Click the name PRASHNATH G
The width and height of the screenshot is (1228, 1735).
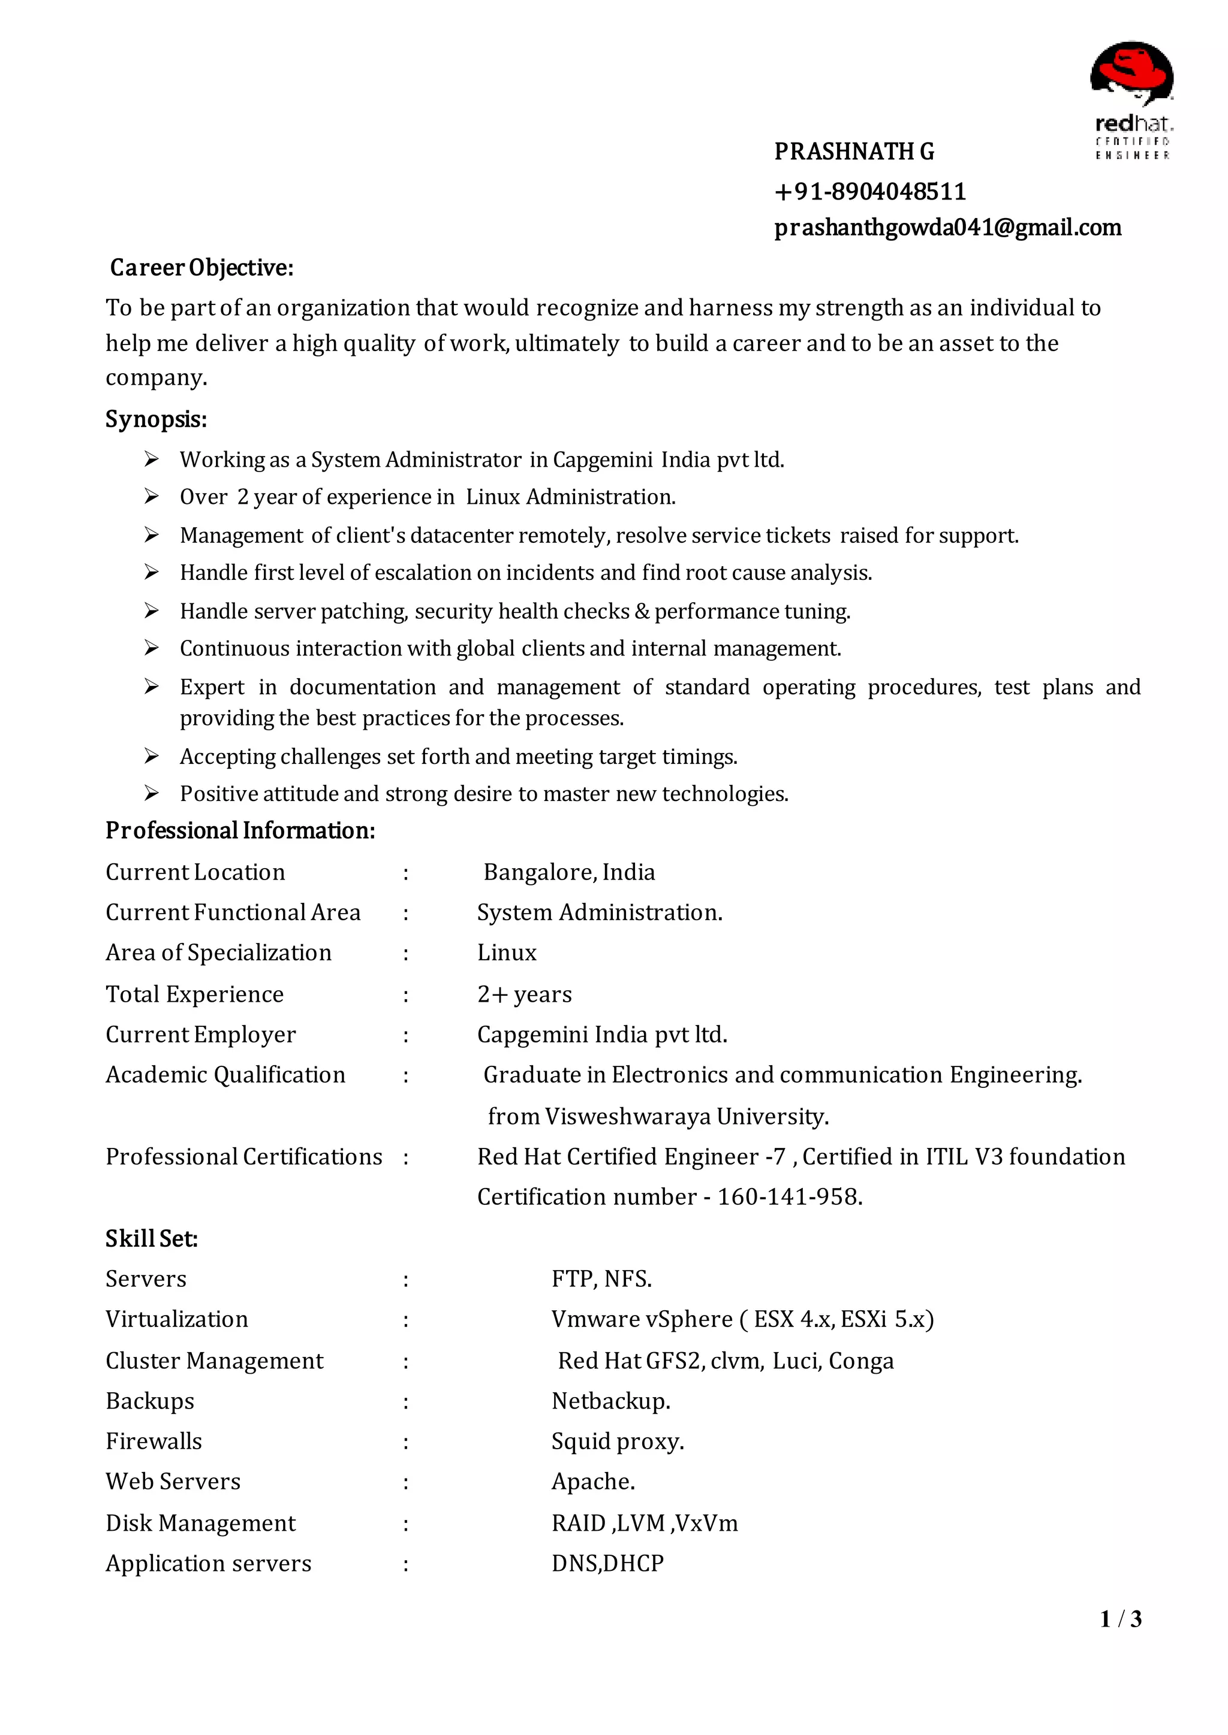(854, 152)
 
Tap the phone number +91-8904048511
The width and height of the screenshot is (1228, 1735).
(869, 192)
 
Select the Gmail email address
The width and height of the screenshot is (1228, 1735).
(947, 228)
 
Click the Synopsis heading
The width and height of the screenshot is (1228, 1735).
(156, 419)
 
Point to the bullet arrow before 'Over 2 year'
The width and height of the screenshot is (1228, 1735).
(151, 497)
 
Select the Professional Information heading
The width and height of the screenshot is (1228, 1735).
(240, 830)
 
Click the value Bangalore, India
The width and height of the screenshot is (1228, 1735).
(568, 872)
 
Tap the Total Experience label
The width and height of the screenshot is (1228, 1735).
(194, 994)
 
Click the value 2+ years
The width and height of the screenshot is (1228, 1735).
(524, 994)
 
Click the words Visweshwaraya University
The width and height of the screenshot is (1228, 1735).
(687, 1116)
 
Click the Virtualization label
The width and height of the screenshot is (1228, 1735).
(176, 1319)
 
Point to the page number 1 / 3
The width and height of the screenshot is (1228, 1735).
(1120, 1619)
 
